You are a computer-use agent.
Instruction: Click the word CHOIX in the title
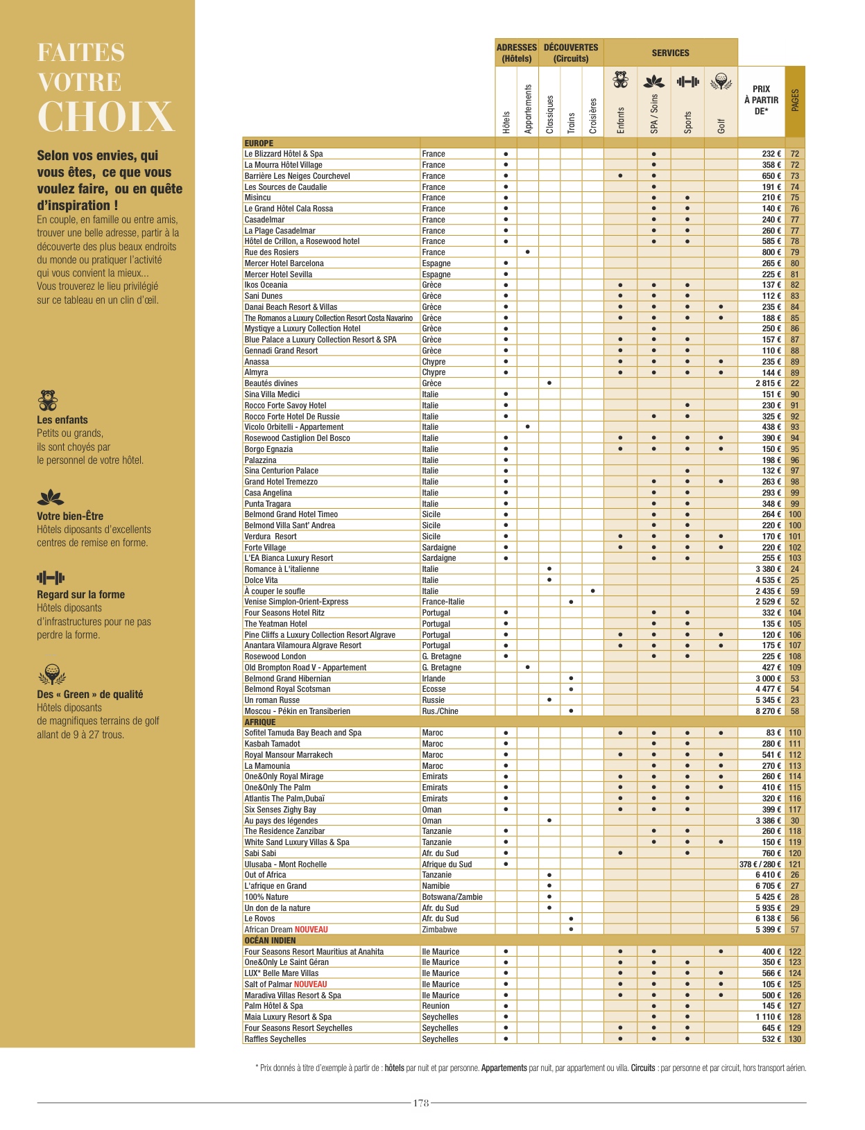[105, 116]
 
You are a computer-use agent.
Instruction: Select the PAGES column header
[795, 101]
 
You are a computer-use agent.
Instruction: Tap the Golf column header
[721, 125]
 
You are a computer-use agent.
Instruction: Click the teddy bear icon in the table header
[621, 80]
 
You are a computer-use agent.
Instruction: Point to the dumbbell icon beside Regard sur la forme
[51, 577]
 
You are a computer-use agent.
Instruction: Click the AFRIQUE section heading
[260, 722]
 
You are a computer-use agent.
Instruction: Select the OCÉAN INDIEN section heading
[270, 941]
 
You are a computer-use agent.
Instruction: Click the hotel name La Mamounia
[267, 766]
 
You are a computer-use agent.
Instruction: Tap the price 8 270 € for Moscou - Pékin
[768, 711]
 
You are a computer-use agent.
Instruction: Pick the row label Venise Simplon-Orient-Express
[296, 602]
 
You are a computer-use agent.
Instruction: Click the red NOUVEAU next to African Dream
[311, 930]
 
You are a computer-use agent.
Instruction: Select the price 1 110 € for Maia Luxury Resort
[768, 1017]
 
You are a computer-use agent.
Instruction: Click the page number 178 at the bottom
[421, 1103]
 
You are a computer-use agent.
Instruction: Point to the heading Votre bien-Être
[70, 516]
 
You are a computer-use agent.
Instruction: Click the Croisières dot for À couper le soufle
[592, 591]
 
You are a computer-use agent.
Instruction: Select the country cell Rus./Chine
[440, 711]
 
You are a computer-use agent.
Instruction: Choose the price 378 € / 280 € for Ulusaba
[760, 864]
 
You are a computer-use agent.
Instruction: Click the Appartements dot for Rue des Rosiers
[528, 252]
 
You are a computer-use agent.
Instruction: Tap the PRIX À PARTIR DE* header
[761, 100]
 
